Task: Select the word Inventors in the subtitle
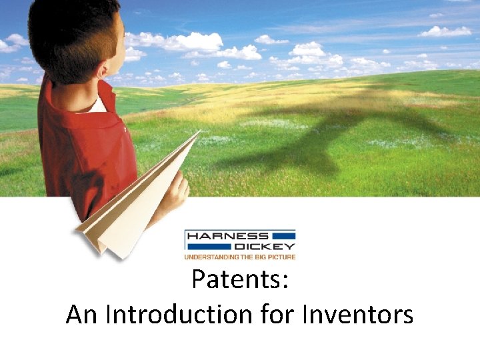tap(358, 314)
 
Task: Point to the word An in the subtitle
tap(81, 314)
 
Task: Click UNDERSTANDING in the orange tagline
tap(210, 256)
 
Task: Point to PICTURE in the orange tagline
tap(280, 256)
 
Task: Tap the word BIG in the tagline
tap(257, 256)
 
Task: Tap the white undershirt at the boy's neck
tap(98, 105)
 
